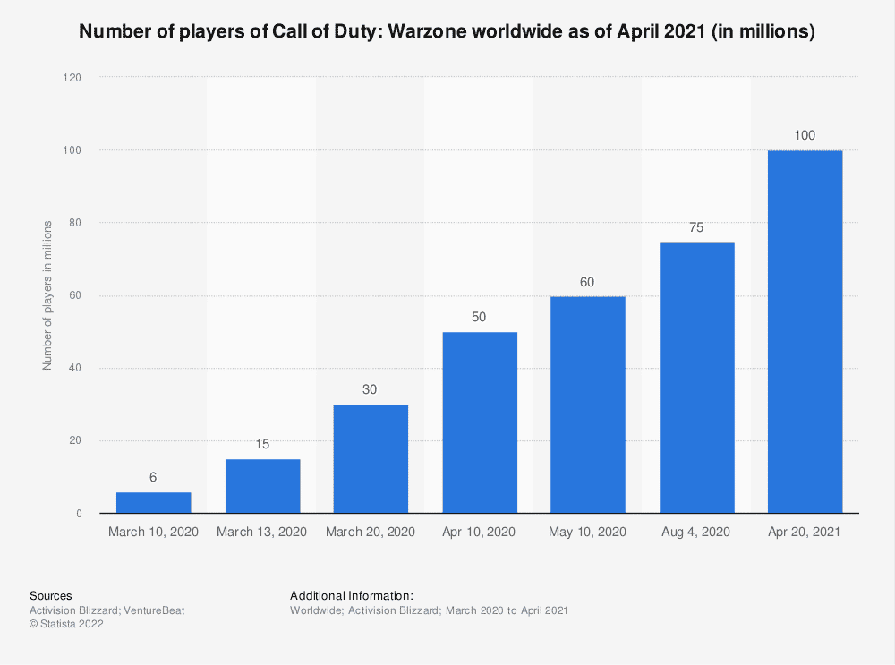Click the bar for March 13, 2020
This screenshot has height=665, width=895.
coord(262,486)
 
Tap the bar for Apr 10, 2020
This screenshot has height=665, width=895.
coord(479,422)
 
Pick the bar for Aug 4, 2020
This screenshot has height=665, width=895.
coord(696,377)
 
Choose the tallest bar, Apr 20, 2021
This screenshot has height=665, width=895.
coord(805,331)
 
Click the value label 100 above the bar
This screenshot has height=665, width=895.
coord(805,135)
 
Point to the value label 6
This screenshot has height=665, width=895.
coord(153,477)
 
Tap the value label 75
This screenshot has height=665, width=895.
coord(696,226)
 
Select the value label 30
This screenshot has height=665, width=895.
coord(371,389)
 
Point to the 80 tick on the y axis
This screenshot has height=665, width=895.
coord(76,223)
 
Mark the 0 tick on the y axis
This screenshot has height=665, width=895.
coord(79,514)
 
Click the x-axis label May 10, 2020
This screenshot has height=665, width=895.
coord(587,532)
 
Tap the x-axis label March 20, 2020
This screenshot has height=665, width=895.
coord(371,532)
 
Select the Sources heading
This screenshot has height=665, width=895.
coord(51,595)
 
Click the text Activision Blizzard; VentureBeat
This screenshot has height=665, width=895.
coord(107,610)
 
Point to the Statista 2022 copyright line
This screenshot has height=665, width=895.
coord(67,625)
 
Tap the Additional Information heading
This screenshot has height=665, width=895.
coord(352,595)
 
